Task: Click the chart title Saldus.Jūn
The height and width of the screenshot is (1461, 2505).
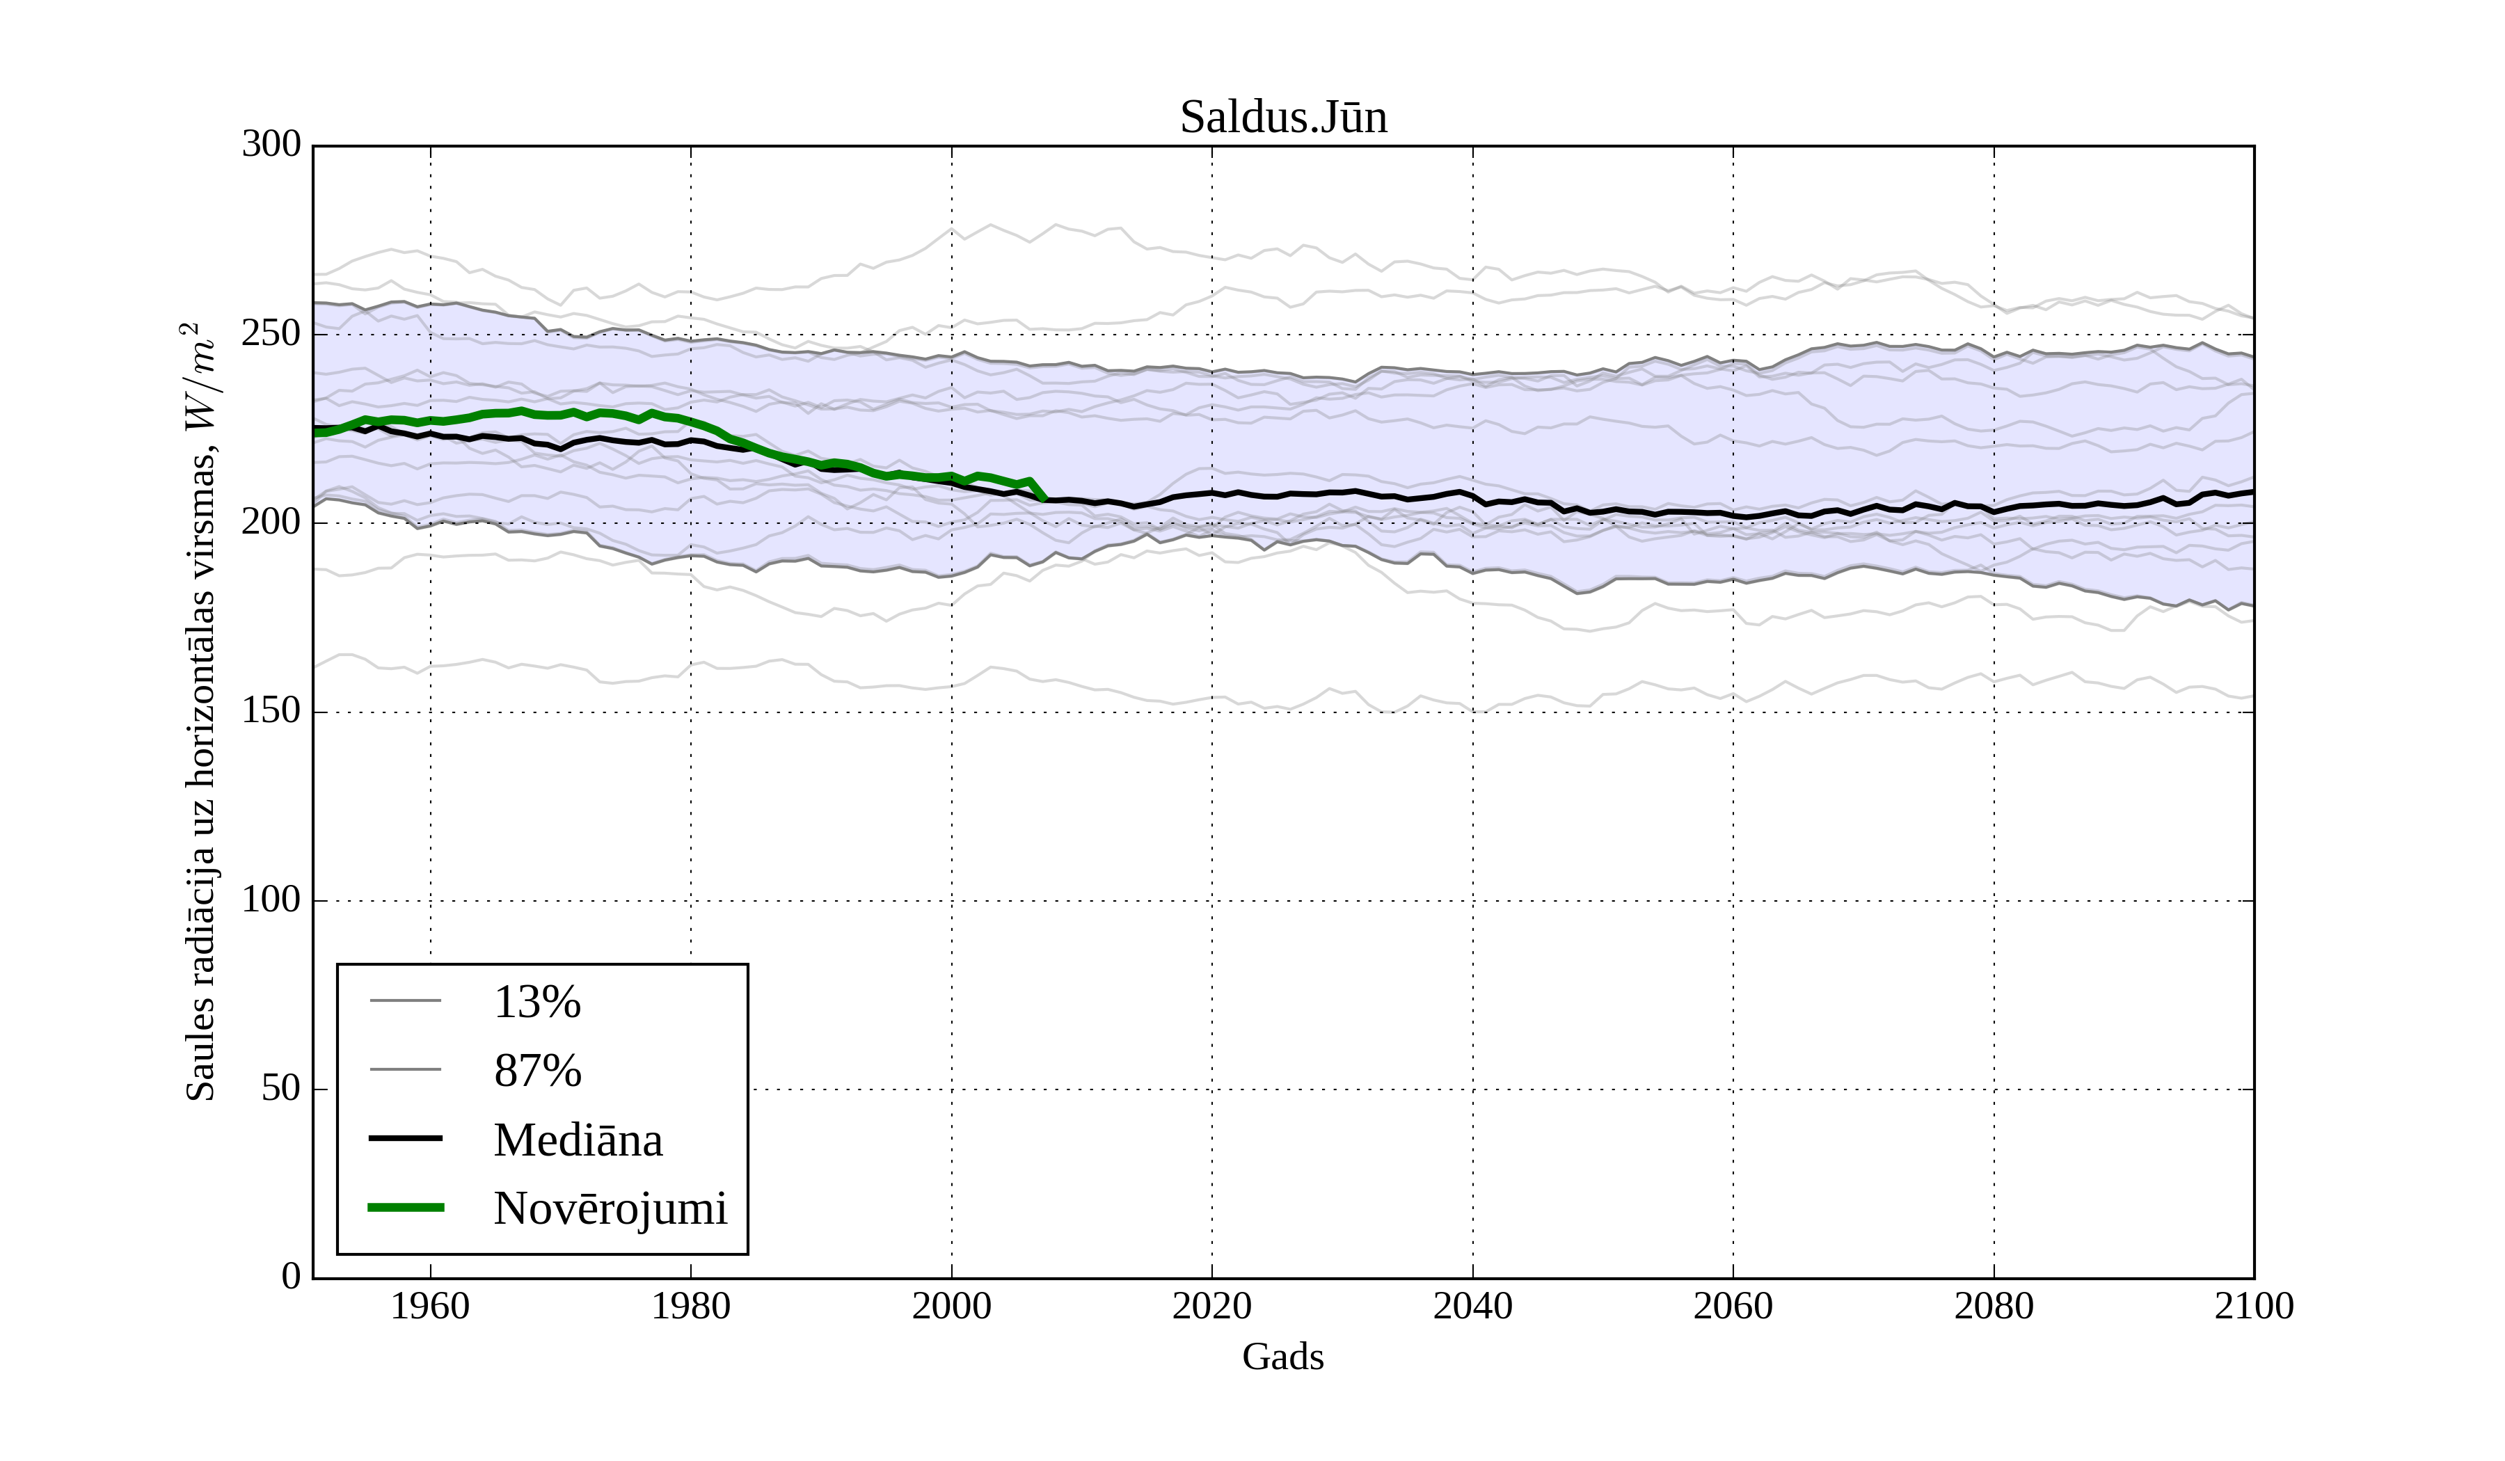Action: [1282, 118]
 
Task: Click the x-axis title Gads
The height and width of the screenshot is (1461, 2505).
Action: [1282, 1357]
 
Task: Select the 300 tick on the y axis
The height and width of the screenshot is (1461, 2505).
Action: [271, 145]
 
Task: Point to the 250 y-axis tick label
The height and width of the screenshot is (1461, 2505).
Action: [271, 334]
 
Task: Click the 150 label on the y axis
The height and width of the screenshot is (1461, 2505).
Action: [271, 712]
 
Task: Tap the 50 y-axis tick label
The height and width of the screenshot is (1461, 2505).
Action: [280, 1089]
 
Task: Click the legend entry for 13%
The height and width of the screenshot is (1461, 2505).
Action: [536, 1002]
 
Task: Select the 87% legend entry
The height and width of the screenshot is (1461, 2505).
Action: [536, 1071]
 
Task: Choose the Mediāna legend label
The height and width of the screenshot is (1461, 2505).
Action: [578, 1140]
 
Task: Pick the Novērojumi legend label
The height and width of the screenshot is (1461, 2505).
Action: [610, 1208]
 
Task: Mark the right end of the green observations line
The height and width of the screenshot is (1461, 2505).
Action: [1043, 498]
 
